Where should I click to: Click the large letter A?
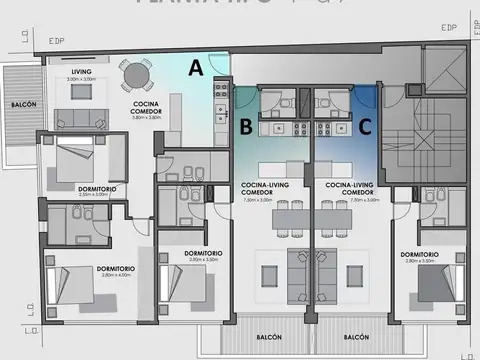pos(196,68)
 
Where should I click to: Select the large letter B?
pos(245,126)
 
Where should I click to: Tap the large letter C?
pos(366,126)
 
